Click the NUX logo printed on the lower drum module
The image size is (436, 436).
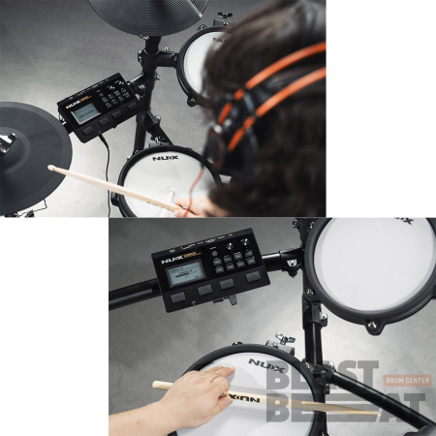[x=174, y=260]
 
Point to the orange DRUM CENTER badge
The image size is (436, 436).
[x=407, y=381]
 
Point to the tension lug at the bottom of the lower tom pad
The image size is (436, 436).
[x=374, y=326]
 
